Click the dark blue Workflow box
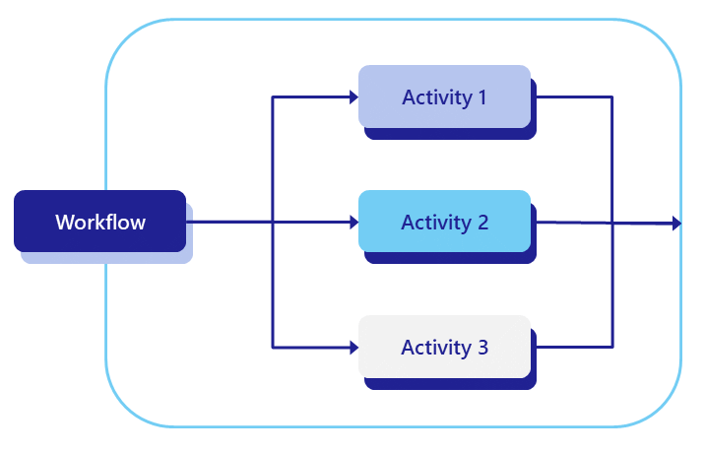tap(99, 221)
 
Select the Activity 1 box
tap(444, 97)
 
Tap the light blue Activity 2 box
tap(444, 222)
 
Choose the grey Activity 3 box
tap(444, 347)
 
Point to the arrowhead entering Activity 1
tap(352, 97)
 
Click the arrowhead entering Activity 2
tap(352, 223)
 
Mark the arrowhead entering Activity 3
tap(352, 348)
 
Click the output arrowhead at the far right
tap(676, 224)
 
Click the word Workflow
tap(99, 222)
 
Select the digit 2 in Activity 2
tap(482, 223)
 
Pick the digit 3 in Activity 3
tap(481, 348)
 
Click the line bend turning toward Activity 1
tap(273, 97)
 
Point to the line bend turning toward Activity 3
tap(273, 348)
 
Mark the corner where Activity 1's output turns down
tap(612, 97)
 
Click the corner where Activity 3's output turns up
tap(612, 348)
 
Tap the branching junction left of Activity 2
tap(273, 223)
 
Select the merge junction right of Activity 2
tap(612, 224)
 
